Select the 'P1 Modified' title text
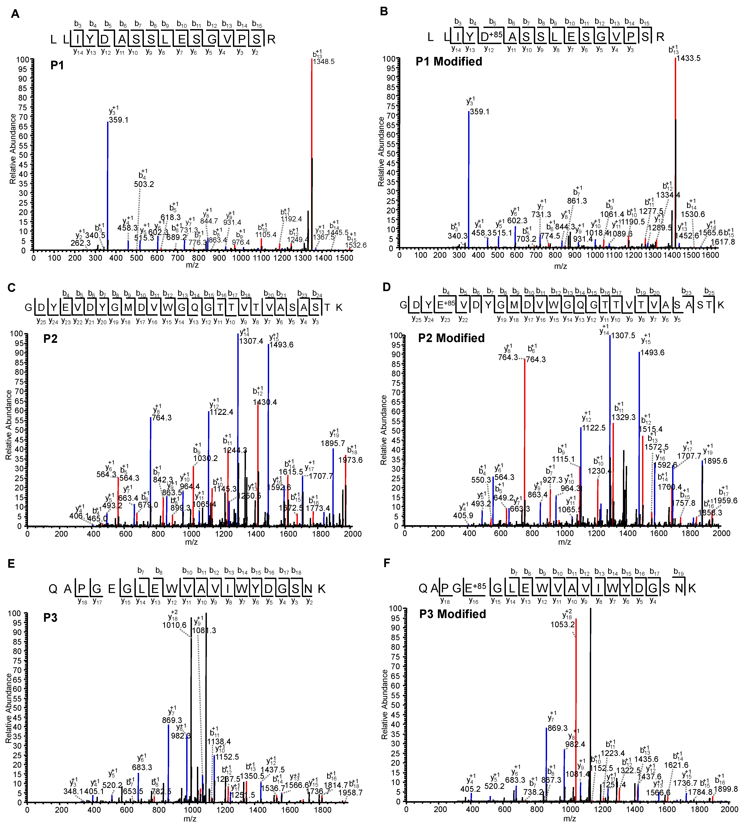click(x=449, y=62)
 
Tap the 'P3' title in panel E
click(x=50, y=618)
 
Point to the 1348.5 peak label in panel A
click(x=324, y=62)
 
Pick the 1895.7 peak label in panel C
click(x=333, y=443)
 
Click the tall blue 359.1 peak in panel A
click(x=108, y=184)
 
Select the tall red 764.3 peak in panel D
click(x=525, y=441)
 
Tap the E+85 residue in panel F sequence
click(x=475, y=588)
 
